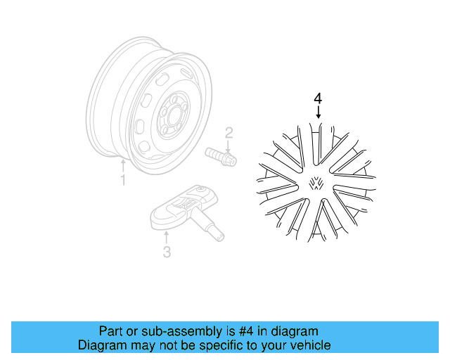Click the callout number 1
122,181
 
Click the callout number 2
229,131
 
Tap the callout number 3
167,252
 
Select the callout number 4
319,98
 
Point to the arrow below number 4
319,112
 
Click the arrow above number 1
123,166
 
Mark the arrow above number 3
167,237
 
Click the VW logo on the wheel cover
316,184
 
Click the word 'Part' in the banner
110,331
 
